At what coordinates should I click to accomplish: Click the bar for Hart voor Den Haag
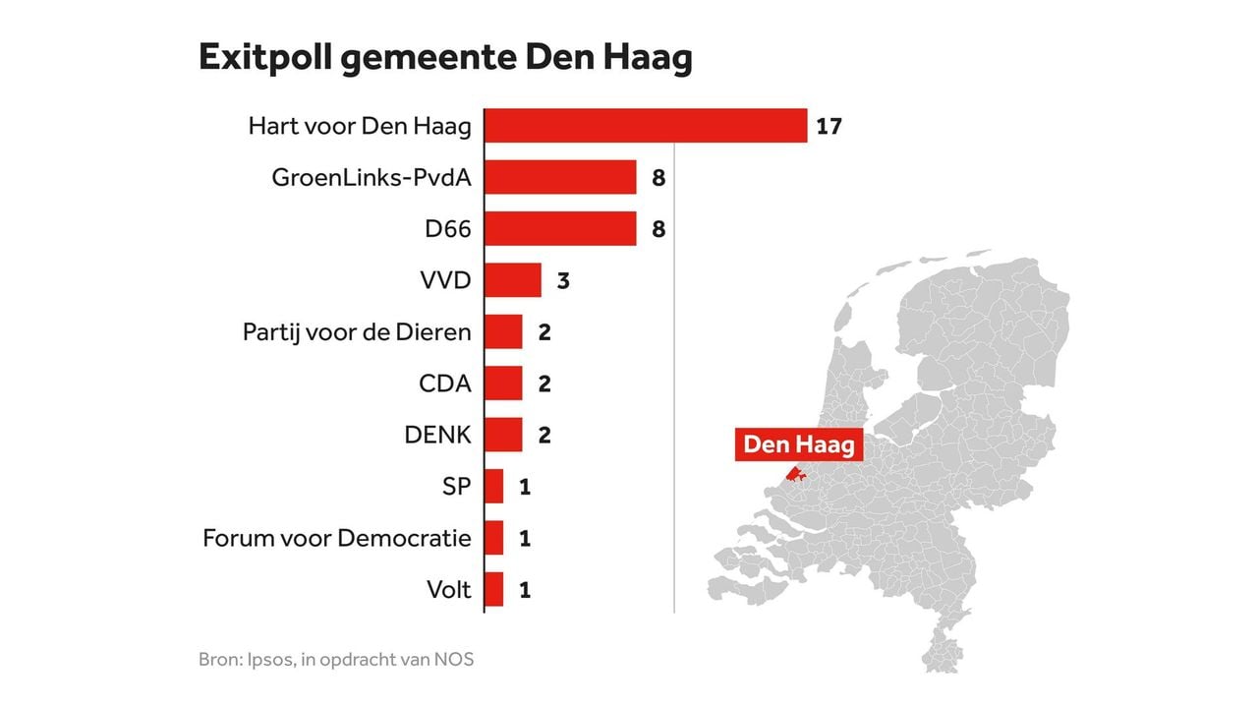(x=646, y=126)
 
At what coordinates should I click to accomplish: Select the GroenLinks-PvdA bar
(x=560, y=177)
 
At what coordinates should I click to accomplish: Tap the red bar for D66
(x=560, y=229)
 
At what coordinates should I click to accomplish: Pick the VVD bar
(x=513, y=280)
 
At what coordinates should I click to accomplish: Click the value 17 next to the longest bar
(x=829, y=126)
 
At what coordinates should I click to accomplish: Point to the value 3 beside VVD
(x=563, y=280)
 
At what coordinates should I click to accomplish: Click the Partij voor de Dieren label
(x=357, y=332)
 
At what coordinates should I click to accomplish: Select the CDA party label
(x=444, y=383)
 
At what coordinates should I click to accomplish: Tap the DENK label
(x=437, y=435)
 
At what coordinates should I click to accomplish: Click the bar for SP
(x=494, y=487)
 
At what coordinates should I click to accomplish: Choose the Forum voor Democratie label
(x=337, y=538)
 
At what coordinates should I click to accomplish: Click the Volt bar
(x=494, y=590)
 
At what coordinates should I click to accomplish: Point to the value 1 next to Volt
(x=525, y=590)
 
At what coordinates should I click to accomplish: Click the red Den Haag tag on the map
(x=799, y=443)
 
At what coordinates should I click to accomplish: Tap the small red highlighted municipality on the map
(x=796, y=477)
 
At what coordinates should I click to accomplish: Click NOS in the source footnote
(x=454, y=659)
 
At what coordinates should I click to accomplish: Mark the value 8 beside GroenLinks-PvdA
(x=658, y=177)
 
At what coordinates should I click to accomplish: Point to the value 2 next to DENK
(x=544, y=435)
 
